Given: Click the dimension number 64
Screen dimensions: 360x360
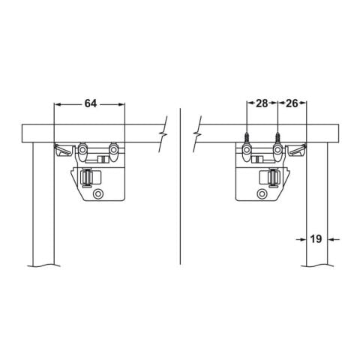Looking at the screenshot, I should point(90,103).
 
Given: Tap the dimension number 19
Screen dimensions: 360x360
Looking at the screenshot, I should point(316,239).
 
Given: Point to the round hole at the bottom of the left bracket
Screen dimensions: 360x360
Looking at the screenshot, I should point(97,193).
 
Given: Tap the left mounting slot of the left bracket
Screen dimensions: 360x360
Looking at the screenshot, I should point(82,151).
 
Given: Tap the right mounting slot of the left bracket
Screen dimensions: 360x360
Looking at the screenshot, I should point(113,151).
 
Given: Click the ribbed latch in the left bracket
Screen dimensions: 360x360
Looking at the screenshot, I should point(88,178).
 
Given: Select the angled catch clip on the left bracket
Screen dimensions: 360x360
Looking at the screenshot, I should point(62,150).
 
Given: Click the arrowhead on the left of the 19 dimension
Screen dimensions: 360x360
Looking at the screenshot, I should point(302,240).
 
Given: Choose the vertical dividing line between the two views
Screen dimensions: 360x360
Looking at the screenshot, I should point(180,187).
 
